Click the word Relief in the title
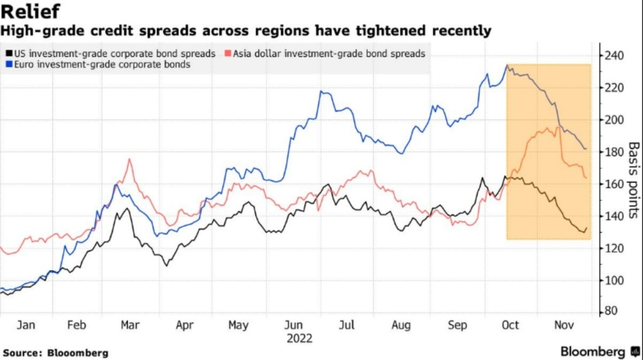click(32, 12)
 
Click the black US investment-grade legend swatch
click(8, 54)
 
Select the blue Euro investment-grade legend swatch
click(8, 65)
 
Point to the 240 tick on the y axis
click(614, 56)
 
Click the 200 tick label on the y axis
click(614, 120)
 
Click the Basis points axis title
click(633, 180)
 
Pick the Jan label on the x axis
click(26, 326)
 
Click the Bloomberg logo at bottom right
click(592, 351)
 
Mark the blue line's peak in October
click(507, 65)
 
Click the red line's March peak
click(130, 159)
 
